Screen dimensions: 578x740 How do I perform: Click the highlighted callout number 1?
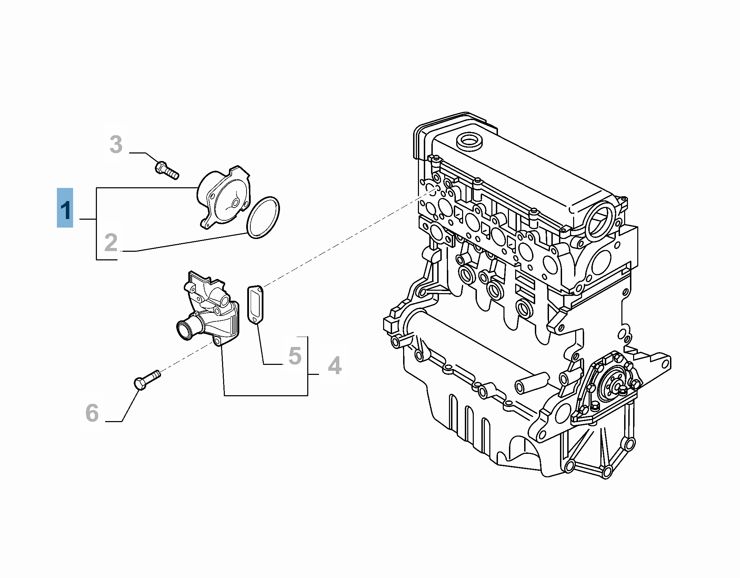65,208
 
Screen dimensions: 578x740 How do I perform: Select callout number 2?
111,243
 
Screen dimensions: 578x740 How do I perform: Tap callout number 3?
116,144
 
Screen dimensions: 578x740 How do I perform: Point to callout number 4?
334,366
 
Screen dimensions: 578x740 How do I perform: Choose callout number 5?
295,356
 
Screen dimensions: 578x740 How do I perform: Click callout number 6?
92,413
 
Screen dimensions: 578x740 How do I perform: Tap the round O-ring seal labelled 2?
263,218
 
